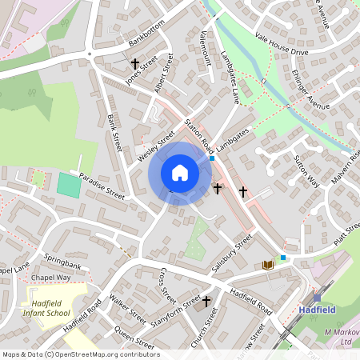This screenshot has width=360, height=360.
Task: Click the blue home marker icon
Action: [x=180, y=173]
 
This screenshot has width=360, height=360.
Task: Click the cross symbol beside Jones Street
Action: [x=135, y=62]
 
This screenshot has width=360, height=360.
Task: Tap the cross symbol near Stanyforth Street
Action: [x=206, y=301]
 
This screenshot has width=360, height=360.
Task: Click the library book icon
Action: [x=267, y=265]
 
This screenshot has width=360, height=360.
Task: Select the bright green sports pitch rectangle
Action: [x=69, y=186]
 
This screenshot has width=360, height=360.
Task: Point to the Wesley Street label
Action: [x=155, y=145]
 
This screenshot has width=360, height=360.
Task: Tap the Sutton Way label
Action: [x=308, y=172]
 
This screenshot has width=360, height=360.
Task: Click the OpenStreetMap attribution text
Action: [x=80, y=354]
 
